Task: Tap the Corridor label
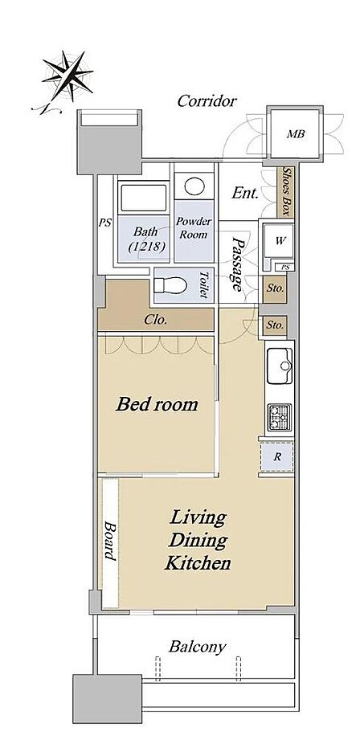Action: (x=207, y=101)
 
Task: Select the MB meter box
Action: (x=296, y=134)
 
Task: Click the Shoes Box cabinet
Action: (x=287, y=191)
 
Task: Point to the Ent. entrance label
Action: (x=245, y=194)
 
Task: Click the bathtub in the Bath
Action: (x=143, y=197)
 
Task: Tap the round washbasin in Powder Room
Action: (x=194, y=186)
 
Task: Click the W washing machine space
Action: (x=279, y=241)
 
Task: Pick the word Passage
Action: (x=236, y=264)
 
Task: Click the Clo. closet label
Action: (x=156, y=320)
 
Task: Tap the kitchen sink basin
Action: (x=280, y=366)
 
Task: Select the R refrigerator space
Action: (x=277, y=456)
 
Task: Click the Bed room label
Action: (x=157, y=404)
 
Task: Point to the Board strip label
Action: (x=110, y=541)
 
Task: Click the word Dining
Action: (x=198, y=541)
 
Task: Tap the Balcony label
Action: (x=197, y=647)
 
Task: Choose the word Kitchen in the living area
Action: (x=197, y=562)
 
